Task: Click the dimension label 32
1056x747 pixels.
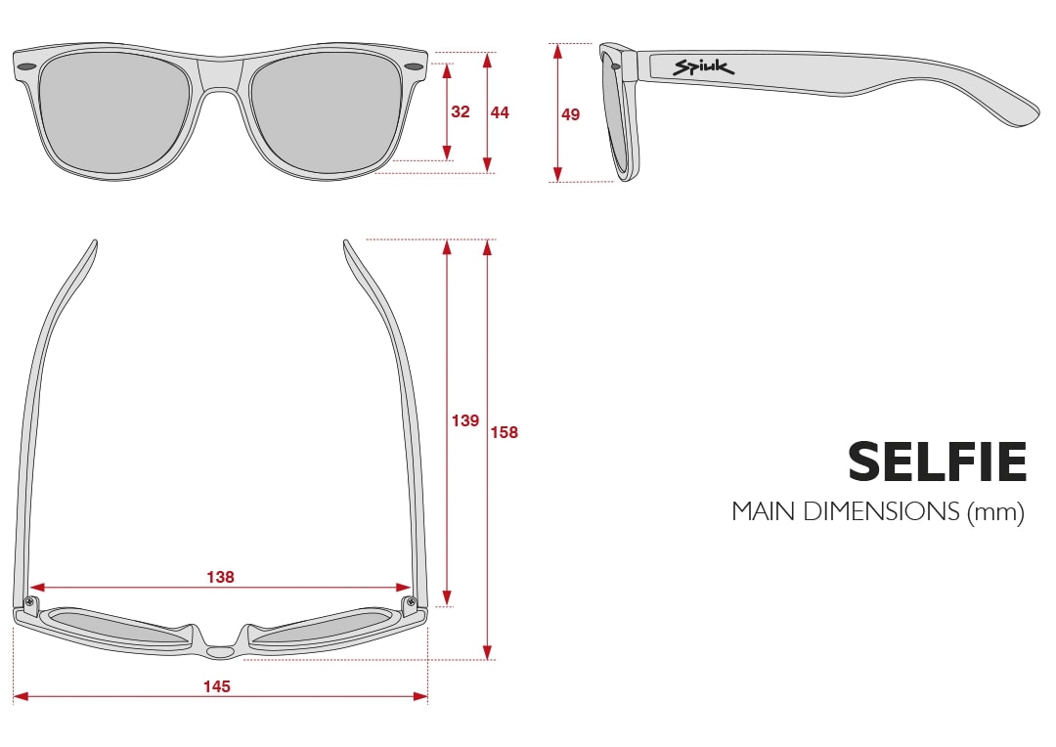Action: (x=460, y=111)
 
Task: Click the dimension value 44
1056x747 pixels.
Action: (x=500, y=112)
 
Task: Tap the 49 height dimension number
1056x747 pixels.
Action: (x=570, y=114)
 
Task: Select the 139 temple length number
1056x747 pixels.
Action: (x=465, y=421)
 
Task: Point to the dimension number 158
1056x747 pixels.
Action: (x=505, y=432)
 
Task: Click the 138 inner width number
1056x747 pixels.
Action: (x=220, y=577)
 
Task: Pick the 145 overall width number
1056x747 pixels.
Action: (x=217, y=686)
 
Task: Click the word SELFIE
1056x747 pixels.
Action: (x=937, y=462)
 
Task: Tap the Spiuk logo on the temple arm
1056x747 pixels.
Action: (x=703, y=67)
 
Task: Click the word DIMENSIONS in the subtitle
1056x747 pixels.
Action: (x=881, y=511)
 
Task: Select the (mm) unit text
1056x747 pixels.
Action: (x=995, y=512)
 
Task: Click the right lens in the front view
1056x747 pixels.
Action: (x=326, y=113)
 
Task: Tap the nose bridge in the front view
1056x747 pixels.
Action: (x=221, y=76)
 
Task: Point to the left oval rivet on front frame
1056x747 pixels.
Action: (x=27, y=66)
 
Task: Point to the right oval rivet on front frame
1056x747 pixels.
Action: (x=415, y=66)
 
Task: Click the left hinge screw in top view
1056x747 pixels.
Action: (x=29, y=601)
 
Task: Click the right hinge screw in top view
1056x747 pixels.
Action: (x=410, y=601)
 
